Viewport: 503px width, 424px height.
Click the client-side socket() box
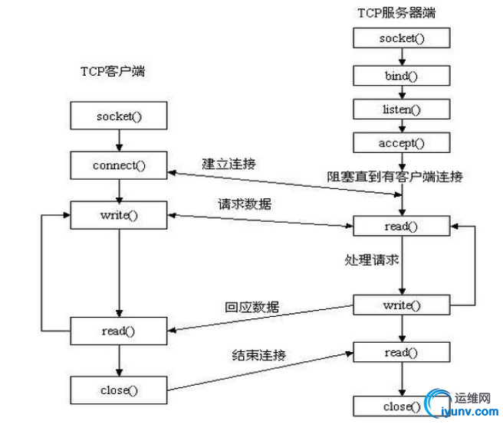pyautogui.click(x=118, y=116)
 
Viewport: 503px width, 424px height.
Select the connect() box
pyautogui.click(x=118, y=165)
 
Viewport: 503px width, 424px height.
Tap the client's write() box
pyautogui.click(x=118, y=214)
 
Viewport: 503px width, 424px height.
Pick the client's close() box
pyautogui.click(x=118, y=390)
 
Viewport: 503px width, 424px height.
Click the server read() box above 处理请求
pyautogui.click(x=399, y=226)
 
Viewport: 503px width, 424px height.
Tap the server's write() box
pyautogui.click(x=399, y=305)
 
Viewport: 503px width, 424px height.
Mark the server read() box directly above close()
pyautogui.click(x=399, y=353)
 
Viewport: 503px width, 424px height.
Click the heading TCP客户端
pyautogui.click(x=113, y=72)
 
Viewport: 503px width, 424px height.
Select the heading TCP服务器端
pyautogui.click(x=400, y=12)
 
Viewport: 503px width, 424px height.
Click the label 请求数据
pyautogui.click(x=244, y=204)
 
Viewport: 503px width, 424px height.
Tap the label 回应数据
pyautogui.click(x=252, y=307)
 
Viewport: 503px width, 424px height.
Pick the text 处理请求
pyautogui.click(x=371, y=259)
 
